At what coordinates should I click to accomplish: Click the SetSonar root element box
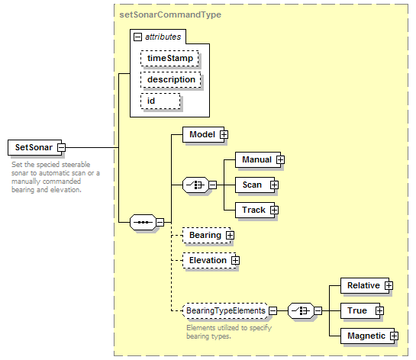pos(35,147)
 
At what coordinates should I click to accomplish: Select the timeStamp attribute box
pos(169,58)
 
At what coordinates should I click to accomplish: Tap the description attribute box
pos(170,79)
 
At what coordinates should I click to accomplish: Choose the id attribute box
pos(160,101)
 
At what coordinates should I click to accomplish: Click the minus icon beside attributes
pos(137,37)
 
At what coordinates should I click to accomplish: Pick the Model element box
pos(203,134)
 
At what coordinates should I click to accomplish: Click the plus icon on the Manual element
pos(280,160)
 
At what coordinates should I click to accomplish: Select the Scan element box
pos(255,185)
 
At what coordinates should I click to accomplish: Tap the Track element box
pos(255,210)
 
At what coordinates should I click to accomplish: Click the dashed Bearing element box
pos(206,235)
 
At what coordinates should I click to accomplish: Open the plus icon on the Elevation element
pos(235,260)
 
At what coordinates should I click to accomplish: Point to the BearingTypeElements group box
pos(225,310)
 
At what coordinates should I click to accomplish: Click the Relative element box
pos(365,285)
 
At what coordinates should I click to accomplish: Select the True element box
pos(360,310)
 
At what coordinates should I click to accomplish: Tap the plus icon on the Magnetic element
pos(394,336)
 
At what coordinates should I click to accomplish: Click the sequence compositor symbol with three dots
pos(143,222)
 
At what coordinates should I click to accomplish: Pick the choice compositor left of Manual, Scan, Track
pos(196,185)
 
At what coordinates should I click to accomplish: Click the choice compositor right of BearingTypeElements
pos(301,310)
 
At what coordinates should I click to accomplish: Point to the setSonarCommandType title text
pos(170,14)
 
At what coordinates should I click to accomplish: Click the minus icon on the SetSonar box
pos(62,147)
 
